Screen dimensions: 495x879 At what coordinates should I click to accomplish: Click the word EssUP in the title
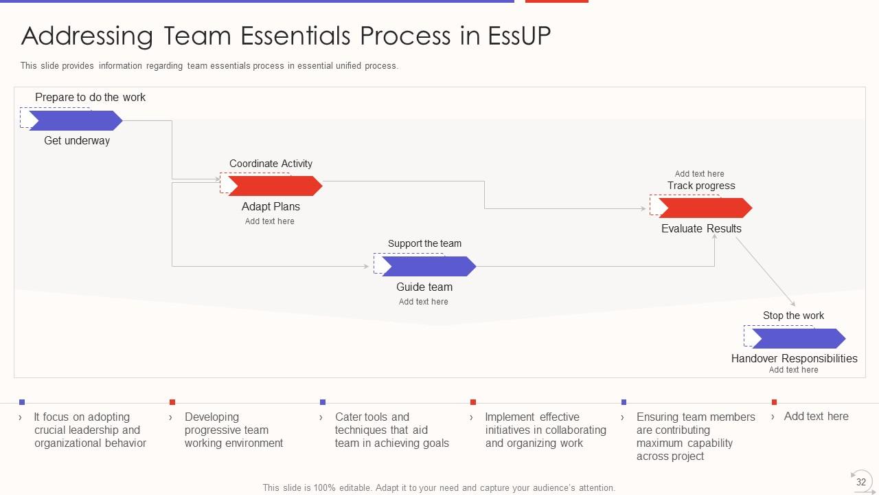pos(519,36)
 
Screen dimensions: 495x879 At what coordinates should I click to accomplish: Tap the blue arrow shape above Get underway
pos(76,121)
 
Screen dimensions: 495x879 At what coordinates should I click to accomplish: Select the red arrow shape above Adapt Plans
pos(275,186)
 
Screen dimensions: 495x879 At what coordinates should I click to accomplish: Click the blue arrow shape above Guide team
pos(429,266)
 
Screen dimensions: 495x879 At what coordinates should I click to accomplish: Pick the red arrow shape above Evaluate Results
pos(705,208)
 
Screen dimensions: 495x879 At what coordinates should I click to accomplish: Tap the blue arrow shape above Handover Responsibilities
pos(798,338)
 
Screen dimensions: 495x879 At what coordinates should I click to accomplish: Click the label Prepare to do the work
pos(90,98)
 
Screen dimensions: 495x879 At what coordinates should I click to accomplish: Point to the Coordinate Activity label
pos(271,164)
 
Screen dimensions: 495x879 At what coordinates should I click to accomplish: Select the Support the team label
pos(424,243)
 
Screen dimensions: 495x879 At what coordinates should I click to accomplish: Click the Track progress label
pos(701,186)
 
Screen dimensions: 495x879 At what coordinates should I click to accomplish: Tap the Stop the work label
pos(793,316)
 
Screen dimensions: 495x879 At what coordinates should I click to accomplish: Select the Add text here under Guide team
pos(423,302)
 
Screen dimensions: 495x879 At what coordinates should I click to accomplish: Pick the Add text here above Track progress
pos(699,174)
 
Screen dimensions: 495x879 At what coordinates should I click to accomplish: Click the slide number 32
pos(860,482)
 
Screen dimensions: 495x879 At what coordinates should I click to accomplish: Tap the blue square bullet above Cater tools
pos(323,402)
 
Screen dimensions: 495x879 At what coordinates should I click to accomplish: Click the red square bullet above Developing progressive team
pos(172,402)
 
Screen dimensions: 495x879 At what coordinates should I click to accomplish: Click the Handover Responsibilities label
pos(794,358)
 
